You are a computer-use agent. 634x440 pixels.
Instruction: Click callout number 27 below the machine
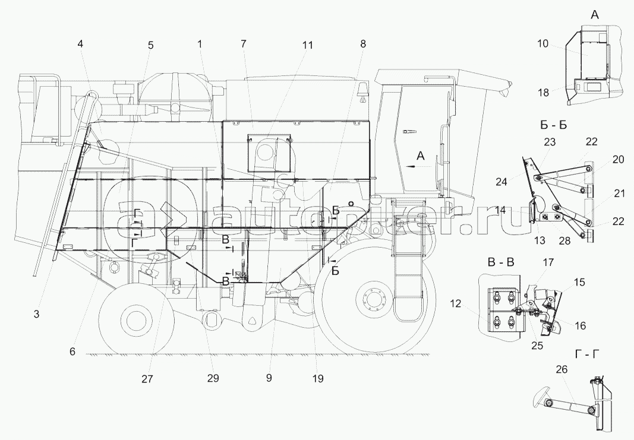click(147, 379)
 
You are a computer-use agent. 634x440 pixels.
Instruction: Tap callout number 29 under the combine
click(213, 379)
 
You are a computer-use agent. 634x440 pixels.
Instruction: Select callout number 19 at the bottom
click(318, 379)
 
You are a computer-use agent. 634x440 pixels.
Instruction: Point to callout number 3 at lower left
click(36, 314)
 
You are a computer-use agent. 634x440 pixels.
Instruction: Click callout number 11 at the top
click(307, 45)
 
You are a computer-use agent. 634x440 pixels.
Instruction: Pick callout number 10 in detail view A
click(543, 43)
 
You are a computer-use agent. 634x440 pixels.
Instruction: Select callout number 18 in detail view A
click(544, 93)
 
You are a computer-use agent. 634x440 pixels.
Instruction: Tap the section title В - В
click(500, 262)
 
